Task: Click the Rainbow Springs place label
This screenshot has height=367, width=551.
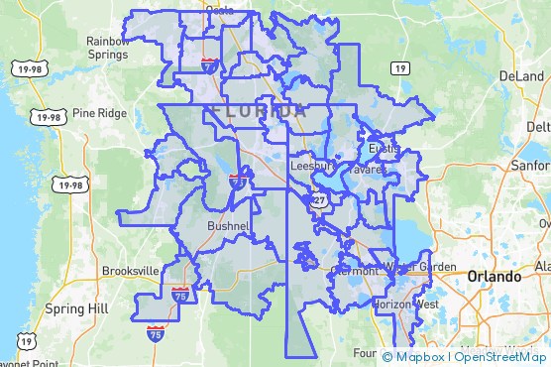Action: (x=107, y=48)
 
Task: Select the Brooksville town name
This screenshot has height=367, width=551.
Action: (x=130, y=271)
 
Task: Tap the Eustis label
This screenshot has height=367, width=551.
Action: (x=384, y=149)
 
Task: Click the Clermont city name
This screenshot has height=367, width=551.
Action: (x=354, y=270)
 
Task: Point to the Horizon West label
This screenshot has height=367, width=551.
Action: (x=404, y=305)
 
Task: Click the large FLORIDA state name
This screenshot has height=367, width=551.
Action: (x=260, y=112)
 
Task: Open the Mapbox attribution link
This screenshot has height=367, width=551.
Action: (x=414, y=357)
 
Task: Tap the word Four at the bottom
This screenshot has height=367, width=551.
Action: (x=365, y=353)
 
